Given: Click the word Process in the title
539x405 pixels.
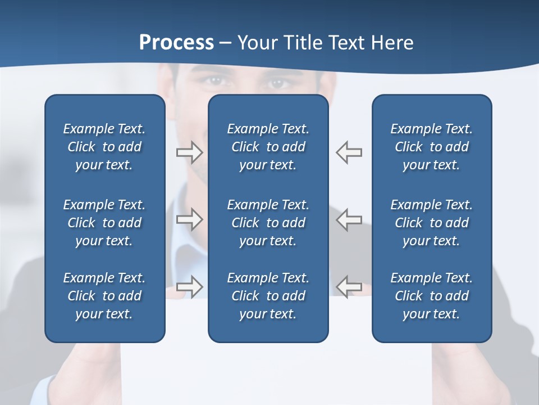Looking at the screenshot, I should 176,43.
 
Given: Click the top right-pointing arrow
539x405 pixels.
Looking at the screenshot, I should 189,152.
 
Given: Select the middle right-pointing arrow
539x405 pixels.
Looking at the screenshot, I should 189,219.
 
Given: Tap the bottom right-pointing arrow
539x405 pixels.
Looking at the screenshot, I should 189,286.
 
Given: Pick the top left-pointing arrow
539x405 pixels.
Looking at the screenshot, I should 349,152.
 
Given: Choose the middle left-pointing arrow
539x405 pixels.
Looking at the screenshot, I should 349,219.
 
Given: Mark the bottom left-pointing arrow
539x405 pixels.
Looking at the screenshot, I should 349,286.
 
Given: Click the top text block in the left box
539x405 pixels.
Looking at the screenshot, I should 104,147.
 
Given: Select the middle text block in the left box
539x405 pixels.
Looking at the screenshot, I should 104,223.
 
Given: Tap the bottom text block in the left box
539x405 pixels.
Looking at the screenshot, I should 104,296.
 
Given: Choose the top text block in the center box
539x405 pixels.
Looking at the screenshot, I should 268,147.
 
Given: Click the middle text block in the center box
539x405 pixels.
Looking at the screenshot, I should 268,223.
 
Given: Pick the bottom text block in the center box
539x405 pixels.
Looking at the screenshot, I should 268,296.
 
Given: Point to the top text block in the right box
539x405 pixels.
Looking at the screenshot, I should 432,147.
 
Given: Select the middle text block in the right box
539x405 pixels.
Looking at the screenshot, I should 432,223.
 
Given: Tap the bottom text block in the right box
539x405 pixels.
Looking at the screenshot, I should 432,296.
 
